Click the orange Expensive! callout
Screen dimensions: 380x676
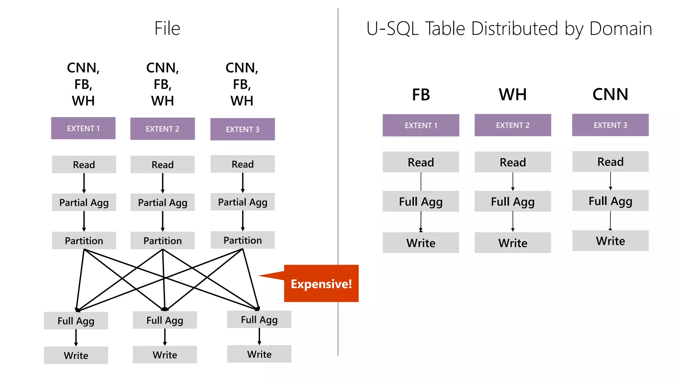(321, 283)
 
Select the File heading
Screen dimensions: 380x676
(167, 28)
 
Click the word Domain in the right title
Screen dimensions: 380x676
(621, 29)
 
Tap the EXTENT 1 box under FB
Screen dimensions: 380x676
(421, 125)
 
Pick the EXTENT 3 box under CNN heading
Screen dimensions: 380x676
(610, 125)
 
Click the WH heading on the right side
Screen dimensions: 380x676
(512, 95)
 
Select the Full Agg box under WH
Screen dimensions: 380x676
(512, 201)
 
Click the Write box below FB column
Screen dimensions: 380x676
(421, 243)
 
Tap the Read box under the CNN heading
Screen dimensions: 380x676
(610, 162)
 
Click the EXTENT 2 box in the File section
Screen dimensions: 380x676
(162, 129)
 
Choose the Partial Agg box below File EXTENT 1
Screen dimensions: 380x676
(84, 202)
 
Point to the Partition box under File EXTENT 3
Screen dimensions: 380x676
(243, 240)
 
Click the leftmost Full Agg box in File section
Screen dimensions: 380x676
(76, 321)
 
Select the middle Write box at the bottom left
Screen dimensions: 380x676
(165, 355)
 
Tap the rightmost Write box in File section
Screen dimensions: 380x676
(259, 354)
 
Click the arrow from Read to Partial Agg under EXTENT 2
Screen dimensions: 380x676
(162, 183)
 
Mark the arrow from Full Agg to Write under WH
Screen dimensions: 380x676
(513, 221)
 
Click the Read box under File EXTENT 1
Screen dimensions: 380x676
(84, 164)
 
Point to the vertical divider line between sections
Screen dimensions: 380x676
(338, 165)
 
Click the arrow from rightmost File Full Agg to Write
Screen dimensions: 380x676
(259, 336)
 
